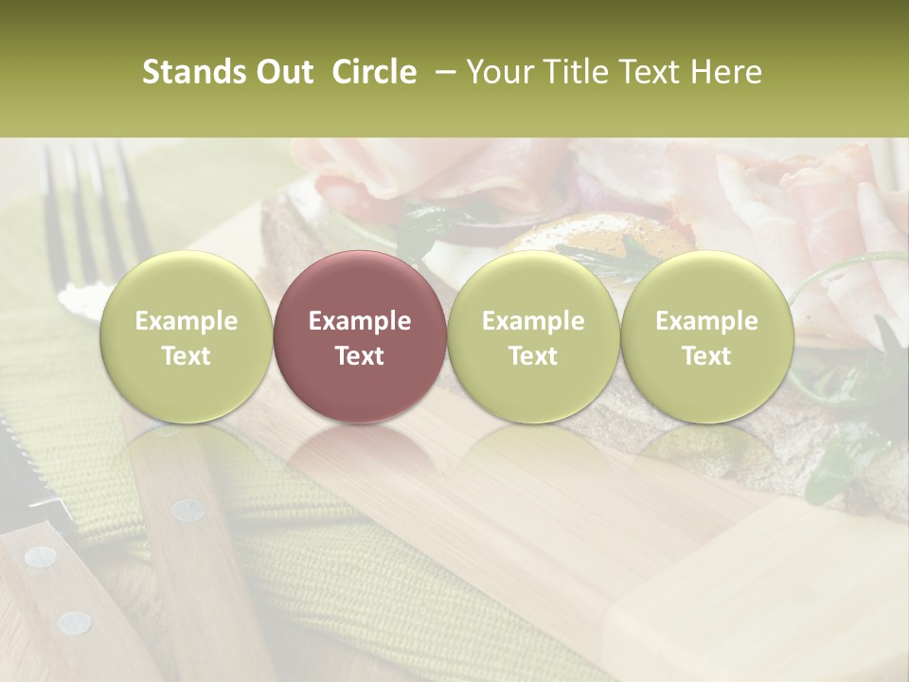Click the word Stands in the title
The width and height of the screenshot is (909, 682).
click(194, 72)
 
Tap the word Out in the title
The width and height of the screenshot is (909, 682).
click(283, 72)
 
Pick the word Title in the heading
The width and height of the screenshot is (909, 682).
click(570, 72)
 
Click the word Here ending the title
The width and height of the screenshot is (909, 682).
click(727, 72)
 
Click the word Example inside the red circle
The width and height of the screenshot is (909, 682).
click(360, 321)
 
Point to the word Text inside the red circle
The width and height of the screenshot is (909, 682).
click(360, 356)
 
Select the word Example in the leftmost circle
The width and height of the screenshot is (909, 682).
click(187, 321)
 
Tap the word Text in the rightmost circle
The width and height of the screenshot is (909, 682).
click(706, 356)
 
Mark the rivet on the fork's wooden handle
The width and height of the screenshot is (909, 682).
click(187, 511)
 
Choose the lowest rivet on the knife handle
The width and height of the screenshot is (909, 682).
click(74, 622)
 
